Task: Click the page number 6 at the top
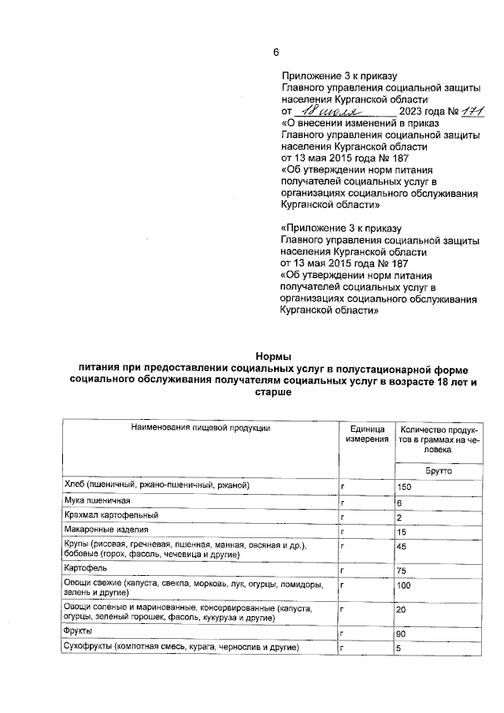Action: click(x=276, y=53)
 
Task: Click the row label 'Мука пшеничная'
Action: click(x=92, y=501)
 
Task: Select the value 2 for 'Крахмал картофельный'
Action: click(x=400, y=517)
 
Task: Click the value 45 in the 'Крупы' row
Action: click(x=402, y=546)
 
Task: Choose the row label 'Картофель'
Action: click(x=81, y=568)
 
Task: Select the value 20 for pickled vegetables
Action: click(x=402, y=610)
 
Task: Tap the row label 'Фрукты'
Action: click(x=76, y=631)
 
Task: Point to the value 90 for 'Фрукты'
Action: click(x=402, y=633)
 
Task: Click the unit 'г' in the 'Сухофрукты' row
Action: click(x=343, y=648)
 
